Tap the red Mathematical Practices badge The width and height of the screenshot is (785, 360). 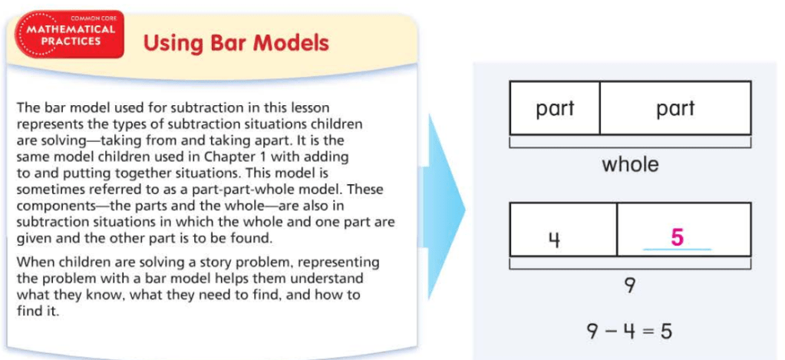pyautogui.click(x=70, y=35)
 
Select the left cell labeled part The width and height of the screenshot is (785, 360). pyautogui.click(x=555, y=108)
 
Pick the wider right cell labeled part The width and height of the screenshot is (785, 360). pyautogui.click(x=675, y=108)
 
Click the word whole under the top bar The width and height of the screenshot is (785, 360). pyautogui.click(x=630, y=163)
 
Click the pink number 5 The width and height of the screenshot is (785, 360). pyautogui.click(x=677, y=237)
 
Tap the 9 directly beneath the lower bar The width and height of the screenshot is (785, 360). pyautogui.click(x=630, y=286)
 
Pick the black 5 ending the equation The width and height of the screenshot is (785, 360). pyautogui.click(x=666, y=331)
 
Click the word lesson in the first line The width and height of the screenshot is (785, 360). pyautogui.click(x=311, y=107)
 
